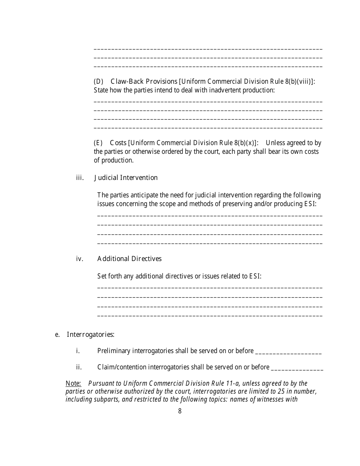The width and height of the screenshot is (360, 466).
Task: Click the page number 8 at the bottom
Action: click(180, 411)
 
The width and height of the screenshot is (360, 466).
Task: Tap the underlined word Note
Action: click(73, 383)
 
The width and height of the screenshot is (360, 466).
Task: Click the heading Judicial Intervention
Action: click(126, 178)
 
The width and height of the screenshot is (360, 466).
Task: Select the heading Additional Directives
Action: click(129, 259)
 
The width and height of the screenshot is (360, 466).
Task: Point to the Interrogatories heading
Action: click(91, 335)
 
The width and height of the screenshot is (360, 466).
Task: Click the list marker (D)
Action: click(99, 81)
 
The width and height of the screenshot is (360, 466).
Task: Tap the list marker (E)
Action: click(98, 143)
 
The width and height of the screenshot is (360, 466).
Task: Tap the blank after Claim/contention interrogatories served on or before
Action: click(297, 368)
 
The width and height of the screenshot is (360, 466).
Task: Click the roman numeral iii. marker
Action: click(80, 178)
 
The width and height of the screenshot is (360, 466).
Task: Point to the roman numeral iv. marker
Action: click(80, 259)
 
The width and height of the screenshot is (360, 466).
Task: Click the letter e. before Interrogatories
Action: click(58, 335)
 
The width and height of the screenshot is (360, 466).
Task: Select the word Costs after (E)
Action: click(118, 143)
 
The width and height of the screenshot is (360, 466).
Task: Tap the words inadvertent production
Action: click(245, 90)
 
